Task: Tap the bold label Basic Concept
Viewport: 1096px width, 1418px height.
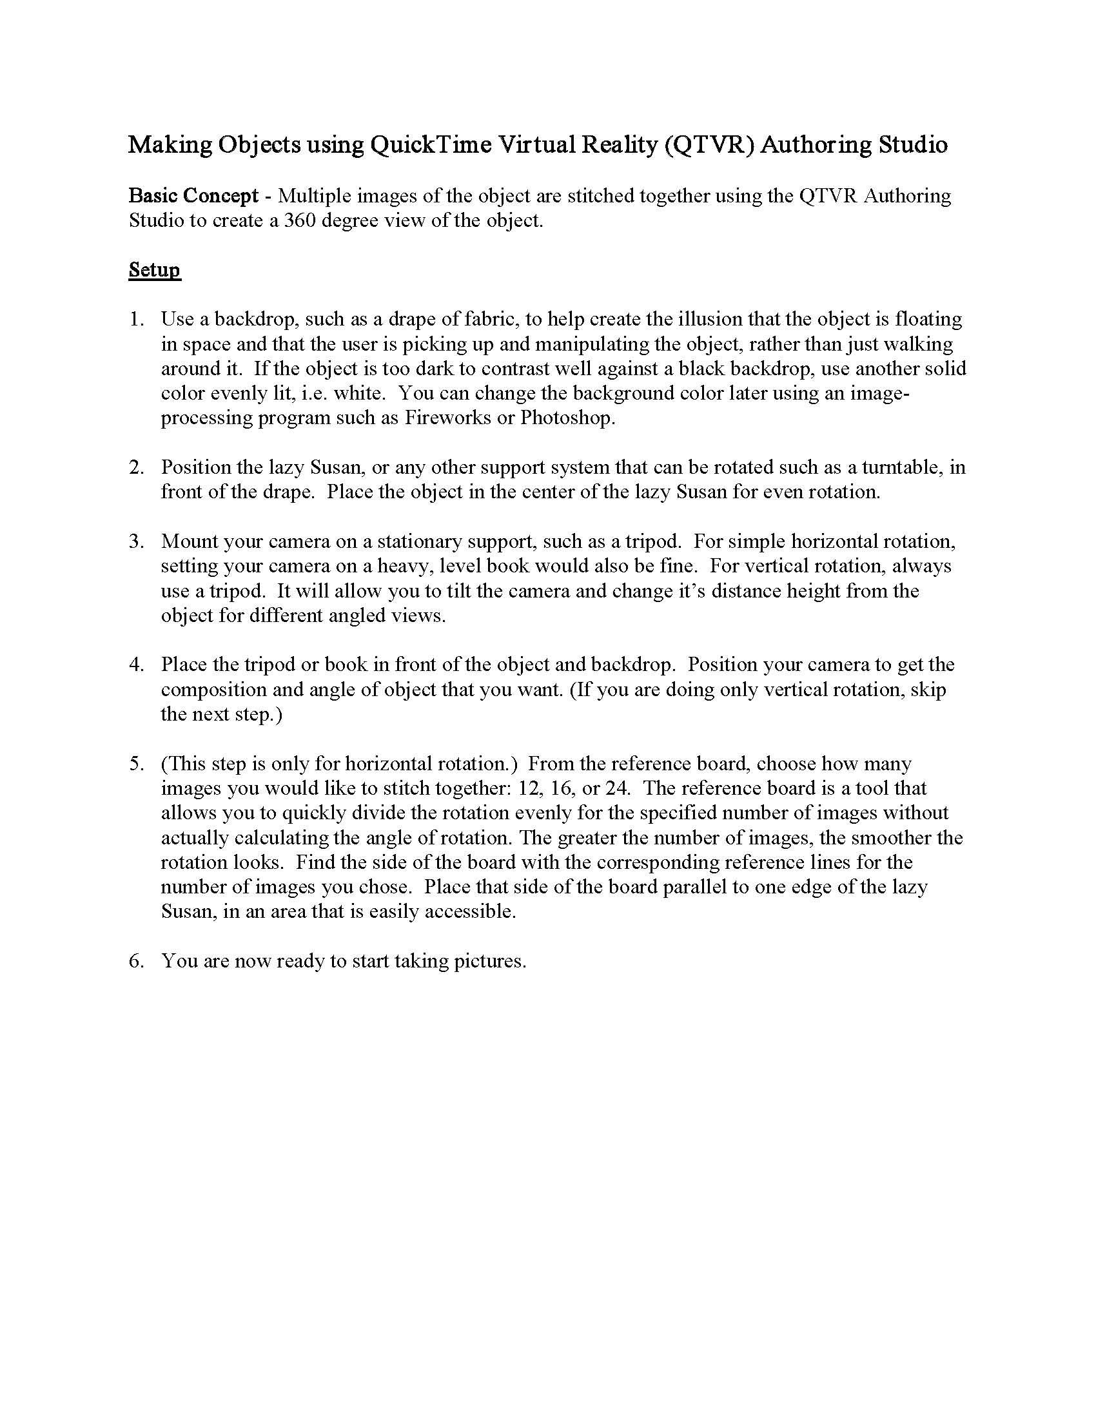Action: pyautogui.click(x=193, y=195)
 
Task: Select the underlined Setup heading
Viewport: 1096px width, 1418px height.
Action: pyautogui.click(x=155, y=269)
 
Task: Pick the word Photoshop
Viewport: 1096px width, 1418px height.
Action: pyautogui.click(x=567, y=418)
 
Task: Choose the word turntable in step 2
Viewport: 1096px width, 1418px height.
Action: pyautogui.click(x=902, y=467)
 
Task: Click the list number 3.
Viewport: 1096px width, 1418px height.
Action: pyautogui.click(x=135, y=541)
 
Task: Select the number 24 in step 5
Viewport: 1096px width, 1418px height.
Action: pyautogui.click(x=617, y=788)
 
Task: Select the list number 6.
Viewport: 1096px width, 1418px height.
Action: pyautogui.click(x=135, y=961)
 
